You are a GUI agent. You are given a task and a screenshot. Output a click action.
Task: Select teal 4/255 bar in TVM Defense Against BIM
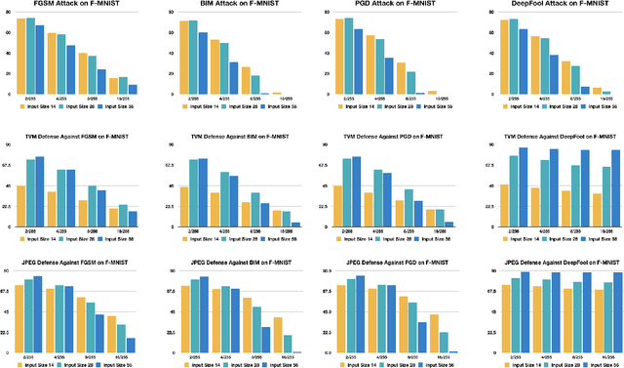(225, 198)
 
